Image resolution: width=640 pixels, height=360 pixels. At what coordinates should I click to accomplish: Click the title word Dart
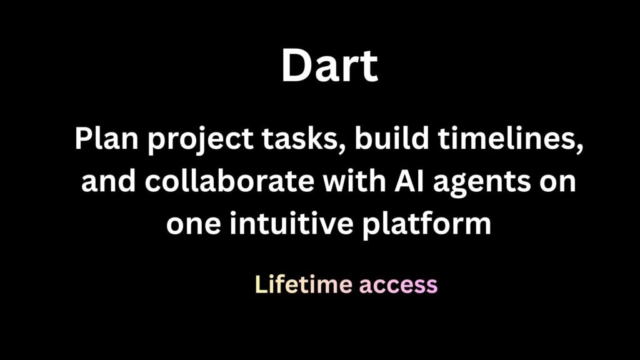pos(329,66)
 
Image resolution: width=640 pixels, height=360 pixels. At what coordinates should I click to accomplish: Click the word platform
pos(429,224)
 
